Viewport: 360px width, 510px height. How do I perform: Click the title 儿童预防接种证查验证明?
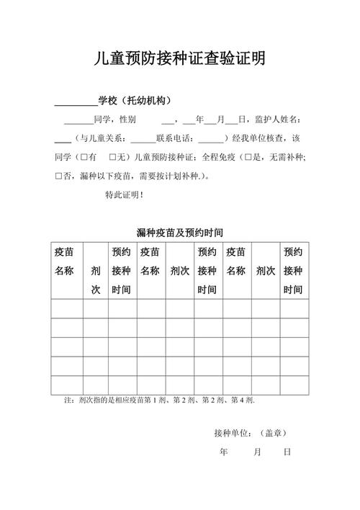coord(180,59)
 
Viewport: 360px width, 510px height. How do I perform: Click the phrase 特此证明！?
coord(124,194)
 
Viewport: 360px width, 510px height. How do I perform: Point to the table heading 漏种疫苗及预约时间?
coord(179,233)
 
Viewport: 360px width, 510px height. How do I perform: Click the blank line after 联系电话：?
coord(210,138)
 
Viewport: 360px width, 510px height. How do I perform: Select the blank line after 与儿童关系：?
coord(143,138)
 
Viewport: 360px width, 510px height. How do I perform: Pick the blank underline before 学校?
coord(76,100)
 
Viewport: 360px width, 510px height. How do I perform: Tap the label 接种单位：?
coord(232,433)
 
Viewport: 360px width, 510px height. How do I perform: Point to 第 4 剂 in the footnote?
coord(241,400)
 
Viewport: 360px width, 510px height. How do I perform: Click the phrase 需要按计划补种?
coord(166,175)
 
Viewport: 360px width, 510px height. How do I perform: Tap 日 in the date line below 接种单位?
coord(287,452)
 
